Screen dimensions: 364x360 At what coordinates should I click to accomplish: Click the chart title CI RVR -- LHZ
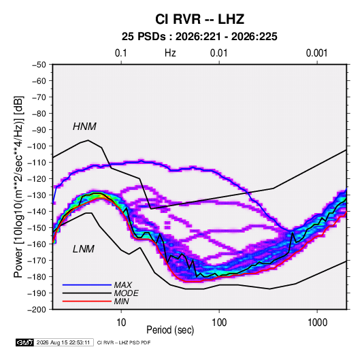tap(199, 19)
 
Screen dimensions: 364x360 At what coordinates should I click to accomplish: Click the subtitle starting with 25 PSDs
tap(199, 37)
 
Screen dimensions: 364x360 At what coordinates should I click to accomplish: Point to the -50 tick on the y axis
tap(39, 65)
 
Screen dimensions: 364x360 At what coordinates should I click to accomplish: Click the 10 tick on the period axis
tap(121, 323)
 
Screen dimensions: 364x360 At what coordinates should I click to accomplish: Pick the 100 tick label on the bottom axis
tap(219, 323)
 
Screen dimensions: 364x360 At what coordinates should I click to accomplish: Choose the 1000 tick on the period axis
tap(317, 323)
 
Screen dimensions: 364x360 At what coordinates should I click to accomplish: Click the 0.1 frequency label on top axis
tap(121, 53)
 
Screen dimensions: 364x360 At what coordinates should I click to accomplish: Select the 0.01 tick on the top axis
tap(219, 53)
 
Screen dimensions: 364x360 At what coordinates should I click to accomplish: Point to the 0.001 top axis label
tap(317, 53)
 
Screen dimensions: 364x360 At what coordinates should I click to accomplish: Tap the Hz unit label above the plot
tap(170, 53)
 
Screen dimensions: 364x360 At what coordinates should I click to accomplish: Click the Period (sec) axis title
tap(170, 330)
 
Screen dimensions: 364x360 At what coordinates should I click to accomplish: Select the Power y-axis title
tap(18, 186)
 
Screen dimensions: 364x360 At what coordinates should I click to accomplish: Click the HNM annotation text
tap(84, 127)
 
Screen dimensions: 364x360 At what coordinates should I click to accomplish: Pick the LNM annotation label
tap(84, 249)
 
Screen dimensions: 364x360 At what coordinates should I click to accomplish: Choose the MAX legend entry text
tap(123, 285)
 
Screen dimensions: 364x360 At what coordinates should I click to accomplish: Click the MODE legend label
tap(127, 293)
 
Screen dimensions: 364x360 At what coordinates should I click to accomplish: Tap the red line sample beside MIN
tap(87, 301)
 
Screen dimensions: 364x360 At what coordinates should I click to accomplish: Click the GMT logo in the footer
tap(25, 342)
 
